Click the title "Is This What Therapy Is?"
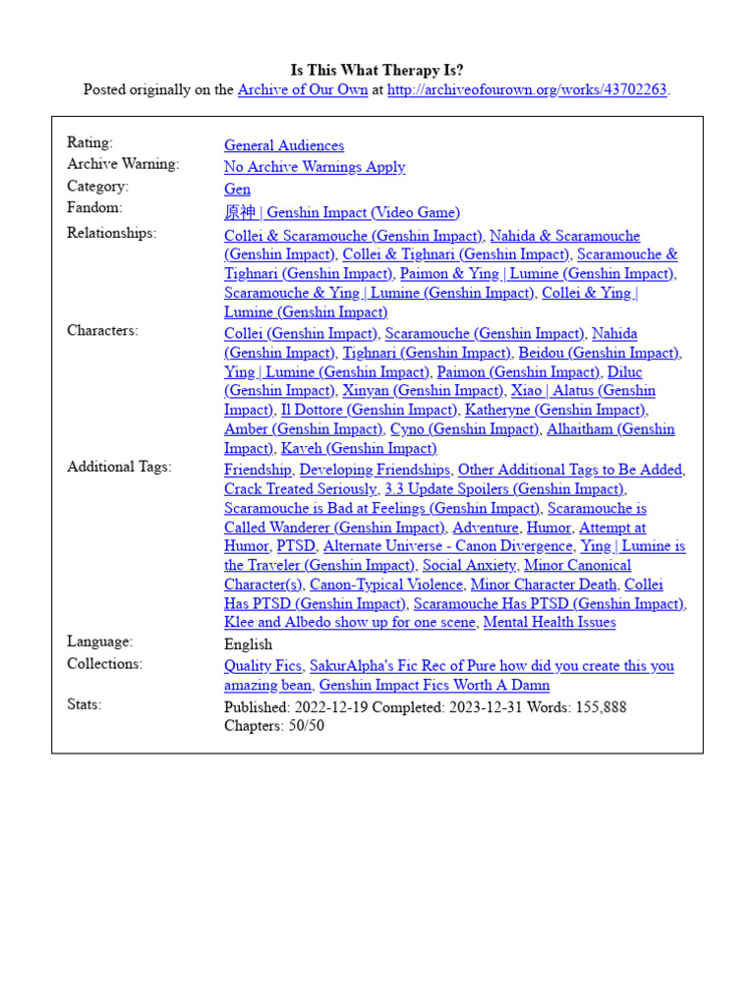point(377,71)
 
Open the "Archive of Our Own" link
point(303,89)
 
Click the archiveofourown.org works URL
point(527,89)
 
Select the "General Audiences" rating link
point(284,145)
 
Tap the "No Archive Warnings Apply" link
point(315,167)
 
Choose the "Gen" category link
point(237,189)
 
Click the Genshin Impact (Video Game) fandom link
point(341,212)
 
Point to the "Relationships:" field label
point(111,233)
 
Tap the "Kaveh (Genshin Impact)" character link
point(359,448)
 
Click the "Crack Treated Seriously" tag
point(300,488)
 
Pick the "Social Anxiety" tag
point(469,565)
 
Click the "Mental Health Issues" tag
point(550,622)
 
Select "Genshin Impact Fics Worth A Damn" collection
point(435,685)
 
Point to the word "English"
point(248,643)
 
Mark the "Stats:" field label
point(84,704)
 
